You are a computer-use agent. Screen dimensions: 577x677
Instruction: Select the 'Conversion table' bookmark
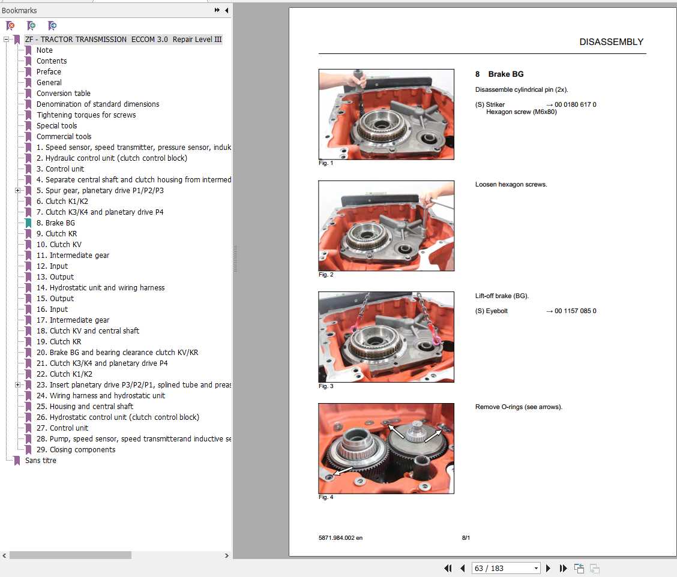(63, 94)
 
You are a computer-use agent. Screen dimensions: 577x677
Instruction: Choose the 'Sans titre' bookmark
(40, 461)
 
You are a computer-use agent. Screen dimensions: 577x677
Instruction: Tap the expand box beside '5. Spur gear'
(17, 191)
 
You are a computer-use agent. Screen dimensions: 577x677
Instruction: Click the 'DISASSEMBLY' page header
(611, 42)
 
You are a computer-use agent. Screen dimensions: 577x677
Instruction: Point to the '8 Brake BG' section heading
(499, 74)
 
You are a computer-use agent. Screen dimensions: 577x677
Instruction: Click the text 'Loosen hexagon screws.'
(511, 185)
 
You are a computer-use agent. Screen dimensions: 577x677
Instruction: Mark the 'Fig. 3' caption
(325, 386)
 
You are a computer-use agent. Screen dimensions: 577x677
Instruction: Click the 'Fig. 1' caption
(325, 163)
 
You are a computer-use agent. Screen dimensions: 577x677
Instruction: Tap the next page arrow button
(548, 569)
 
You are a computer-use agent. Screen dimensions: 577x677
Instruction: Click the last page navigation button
(563, 569)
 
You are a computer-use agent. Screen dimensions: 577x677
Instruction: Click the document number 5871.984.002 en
(340, 538)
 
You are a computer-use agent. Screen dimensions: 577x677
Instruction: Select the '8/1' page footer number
(466, 538)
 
